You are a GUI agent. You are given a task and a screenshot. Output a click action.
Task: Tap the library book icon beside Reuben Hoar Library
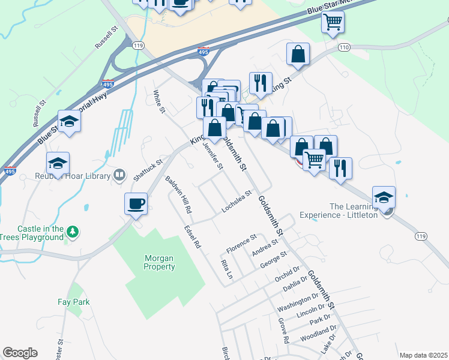pos(119,175)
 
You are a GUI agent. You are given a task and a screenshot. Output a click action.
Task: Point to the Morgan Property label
pos(159,262)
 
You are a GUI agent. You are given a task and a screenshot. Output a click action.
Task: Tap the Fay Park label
pos(73,302)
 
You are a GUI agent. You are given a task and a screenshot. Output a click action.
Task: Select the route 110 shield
pos(343,46)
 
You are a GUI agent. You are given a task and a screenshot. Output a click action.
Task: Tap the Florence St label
pos(241,242)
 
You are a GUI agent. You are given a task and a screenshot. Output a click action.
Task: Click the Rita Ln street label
pos(226,270)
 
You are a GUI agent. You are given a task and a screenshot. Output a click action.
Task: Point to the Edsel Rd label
pos(193,236)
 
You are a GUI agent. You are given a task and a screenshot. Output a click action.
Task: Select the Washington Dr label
pos(297,302)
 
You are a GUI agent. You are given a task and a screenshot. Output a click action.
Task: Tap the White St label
pos(158,101)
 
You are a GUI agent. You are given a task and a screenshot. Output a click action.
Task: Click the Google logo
pos(20,353)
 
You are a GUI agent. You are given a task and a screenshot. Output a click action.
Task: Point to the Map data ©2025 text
pos(424,355)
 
